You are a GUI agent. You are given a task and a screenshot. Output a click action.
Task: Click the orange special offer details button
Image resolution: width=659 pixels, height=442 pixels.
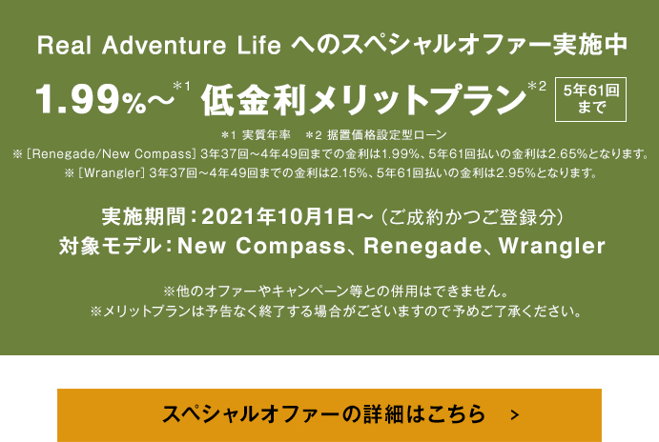point(329,415)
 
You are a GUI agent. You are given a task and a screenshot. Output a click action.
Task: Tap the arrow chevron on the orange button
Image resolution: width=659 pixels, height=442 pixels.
point(515,415)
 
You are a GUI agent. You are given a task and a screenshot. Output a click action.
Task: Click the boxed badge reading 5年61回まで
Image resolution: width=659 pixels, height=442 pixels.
point(590,99)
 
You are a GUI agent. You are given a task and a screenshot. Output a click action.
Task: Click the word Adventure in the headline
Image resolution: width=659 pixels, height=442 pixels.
point(164,45)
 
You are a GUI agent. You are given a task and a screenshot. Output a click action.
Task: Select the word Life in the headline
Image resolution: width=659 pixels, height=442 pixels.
point(258,45)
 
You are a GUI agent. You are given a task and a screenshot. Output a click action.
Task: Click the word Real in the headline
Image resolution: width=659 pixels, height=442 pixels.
point(64,45)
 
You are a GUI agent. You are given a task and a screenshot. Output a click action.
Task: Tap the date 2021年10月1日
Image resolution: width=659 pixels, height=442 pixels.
point(278,217)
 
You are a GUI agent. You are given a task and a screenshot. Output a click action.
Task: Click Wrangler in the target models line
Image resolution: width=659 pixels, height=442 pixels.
point(552,246)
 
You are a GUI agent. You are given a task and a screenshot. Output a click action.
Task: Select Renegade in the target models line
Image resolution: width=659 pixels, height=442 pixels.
point(422,246)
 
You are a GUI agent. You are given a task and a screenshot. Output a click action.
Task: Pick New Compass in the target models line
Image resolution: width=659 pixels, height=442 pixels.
point(261,246)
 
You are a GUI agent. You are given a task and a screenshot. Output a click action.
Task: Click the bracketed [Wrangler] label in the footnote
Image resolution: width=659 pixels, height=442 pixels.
point(112,173)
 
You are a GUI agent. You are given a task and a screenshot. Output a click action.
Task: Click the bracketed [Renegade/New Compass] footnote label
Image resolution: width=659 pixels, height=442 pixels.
point(112,154)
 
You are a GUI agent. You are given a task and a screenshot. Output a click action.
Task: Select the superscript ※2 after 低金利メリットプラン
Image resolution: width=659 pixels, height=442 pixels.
point(537,87)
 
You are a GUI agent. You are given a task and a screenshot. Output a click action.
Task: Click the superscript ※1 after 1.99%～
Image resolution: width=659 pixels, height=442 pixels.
point(181,87)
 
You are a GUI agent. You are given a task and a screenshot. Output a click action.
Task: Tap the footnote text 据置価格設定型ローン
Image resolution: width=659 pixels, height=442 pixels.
point(386,135)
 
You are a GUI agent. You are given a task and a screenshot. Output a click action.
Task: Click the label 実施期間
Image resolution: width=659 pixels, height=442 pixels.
point(144,217)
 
